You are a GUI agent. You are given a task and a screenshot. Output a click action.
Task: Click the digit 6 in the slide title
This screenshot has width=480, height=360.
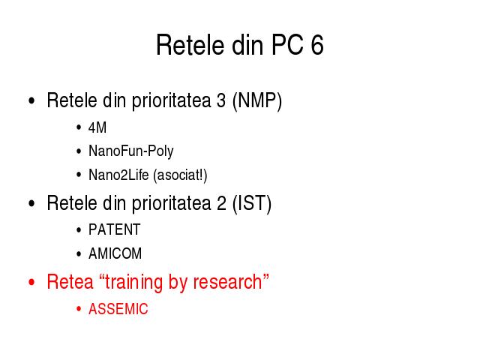click(x=317, y=45)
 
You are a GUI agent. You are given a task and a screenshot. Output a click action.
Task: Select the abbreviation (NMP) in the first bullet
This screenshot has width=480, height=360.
click(x=257, y=100)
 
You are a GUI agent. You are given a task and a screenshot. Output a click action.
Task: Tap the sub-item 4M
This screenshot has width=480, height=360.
click(x=97, y=127)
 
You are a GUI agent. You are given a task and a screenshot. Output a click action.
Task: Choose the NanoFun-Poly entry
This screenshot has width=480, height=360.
click(x=131, y=151)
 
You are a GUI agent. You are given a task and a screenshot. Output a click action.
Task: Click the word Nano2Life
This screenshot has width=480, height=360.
click(x=118, y=175)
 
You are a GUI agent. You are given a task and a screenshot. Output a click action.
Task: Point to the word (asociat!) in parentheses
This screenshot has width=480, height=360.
click(x=180, y=175)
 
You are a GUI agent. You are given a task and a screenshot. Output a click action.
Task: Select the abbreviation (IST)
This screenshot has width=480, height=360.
click(x=252, y=203)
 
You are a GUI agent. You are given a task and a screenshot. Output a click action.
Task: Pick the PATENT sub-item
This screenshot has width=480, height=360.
click(x=115, y=229)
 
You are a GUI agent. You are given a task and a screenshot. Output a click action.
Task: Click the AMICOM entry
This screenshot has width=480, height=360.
click(x=115, y=253)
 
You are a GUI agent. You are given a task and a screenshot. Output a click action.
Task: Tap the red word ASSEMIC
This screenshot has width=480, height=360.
click(x=118, y=309)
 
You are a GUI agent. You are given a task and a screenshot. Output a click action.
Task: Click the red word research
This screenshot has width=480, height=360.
click(x=228, y=282)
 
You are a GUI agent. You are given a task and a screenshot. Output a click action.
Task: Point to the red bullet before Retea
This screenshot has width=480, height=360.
click(x=31, y=282)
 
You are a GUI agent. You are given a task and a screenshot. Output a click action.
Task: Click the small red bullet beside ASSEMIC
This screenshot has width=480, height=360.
click(x=79, y=309)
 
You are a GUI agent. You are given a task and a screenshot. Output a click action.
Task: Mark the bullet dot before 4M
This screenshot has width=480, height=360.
click(x=79, y=127)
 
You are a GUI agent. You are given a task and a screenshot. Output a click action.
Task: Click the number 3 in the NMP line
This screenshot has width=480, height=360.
click(x=221, y=100)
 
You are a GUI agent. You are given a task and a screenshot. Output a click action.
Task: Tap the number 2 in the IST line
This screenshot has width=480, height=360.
click(x=221, y=203)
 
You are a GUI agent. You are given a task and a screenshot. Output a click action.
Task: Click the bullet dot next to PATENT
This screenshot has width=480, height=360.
click(x=79, y=230)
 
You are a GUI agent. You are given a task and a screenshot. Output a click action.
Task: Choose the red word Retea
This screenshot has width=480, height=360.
click(x=70, y=282)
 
